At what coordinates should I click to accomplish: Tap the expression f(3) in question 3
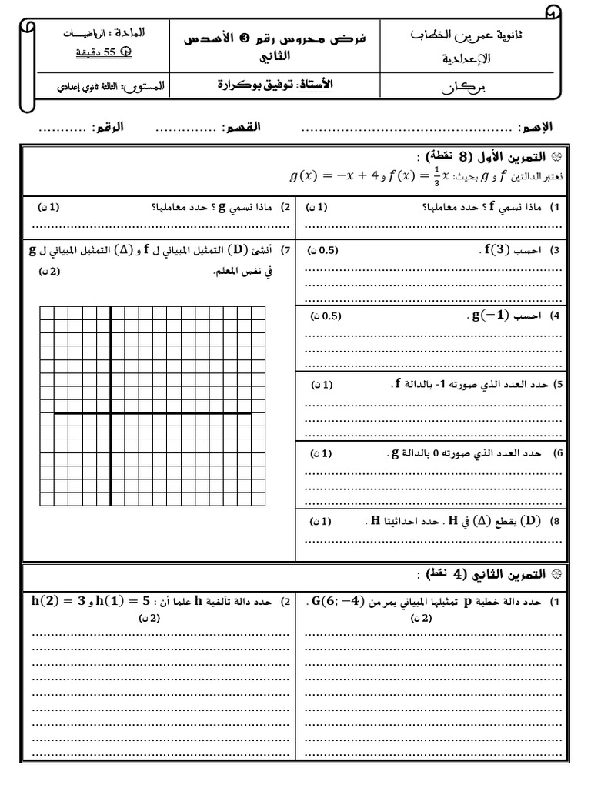tap(489, 250)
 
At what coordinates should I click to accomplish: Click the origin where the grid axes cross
tap(111, 413)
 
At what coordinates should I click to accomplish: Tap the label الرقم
tap(106, 125)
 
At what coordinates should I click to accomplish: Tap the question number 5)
tap(559, 383)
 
